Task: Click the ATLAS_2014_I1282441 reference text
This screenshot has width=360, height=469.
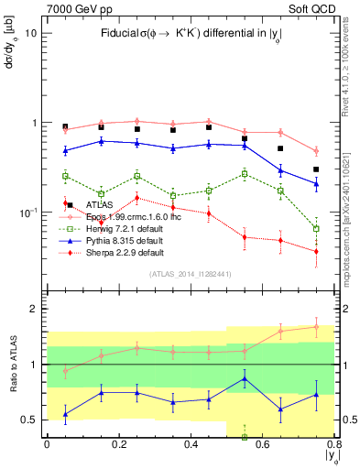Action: pos(190,273)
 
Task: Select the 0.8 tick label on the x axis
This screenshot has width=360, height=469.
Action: pos(334,444)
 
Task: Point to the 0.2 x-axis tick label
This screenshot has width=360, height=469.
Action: pos(118,444)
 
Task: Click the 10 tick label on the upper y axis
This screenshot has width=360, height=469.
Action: pos(31,33)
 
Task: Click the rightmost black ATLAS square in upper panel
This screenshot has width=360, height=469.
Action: pos(316,169)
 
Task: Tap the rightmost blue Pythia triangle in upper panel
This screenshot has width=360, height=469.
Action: pos(316,184)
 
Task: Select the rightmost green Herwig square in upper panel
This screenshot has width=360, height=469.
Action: pos(316,229)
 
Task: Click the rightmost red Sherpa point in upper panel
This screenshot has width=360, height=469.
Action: pos(316,251)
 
